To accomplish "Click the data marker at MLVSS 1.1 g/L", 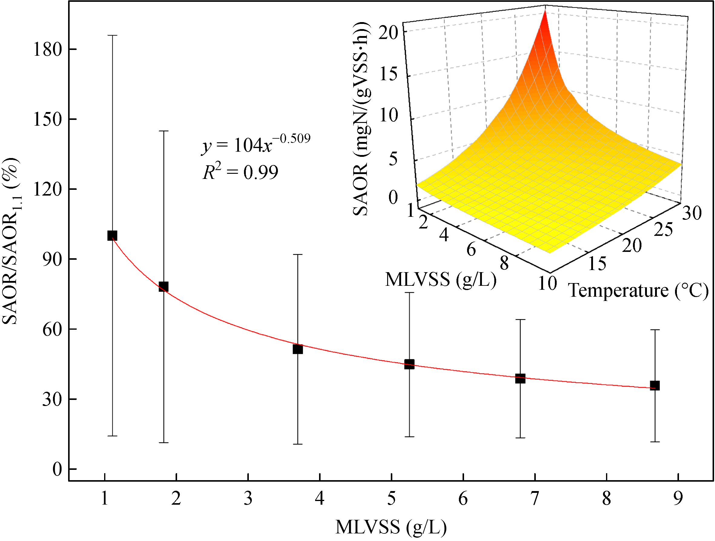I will coord(112,236).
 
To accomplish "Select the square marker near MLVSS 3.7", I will coord(298,349).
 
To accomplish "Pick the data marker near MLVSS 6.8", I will coord(520,378).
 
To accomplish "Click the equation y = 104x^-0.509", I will coord(255,144).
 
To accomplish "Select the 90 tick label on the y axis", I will coord(52,259).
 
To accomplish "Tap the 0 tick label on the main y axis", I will coord(57,469).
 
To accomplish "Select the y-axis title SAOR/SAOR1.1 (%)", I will coord(11,241).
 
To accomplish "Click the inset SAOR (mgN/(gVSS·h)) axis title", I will coord(361,119).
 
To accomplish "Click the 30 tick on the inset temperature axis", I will coord(692,213).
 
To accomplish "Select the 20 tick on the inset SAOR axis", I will coord(388,33).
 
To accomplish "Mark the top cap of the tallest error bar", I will coord(112,35).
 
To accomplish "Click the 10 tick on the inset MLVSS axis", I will coord(548,283).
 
